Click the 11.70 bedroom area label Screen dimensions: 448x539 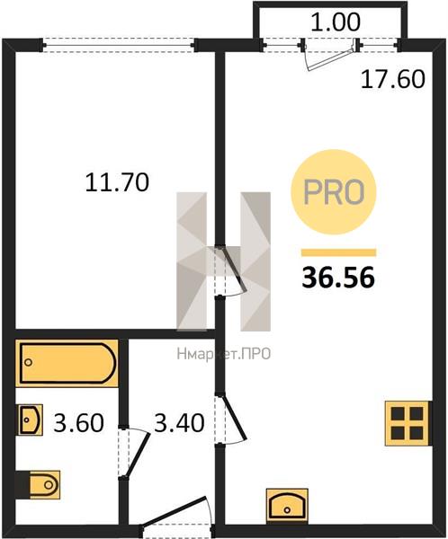coord(117,182)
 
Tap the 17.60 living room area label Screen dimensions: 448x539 coord(392,79)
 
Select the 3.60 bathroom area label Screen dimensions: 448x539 coord(78,422)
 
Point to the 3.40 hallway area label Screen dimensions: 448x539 coord(179,422)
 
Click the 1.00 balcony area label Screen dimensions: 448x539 coord(336,22)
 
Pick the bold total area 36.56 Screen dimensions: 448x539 coord(338,278)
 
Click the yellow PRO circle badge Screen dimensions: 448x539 coord(334,192)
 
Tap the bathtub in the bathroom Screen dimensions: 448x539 coord(67,363)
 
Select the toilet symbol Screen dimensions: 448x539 coord(40,485)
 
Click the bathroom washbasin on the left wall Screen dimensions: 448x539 coord(30,420)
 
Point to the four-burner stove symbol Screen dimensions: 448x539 coord(408,423)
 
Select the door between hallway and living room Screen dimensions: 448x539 coord(234,417)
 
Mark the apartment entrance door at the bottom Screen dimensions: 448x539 coord(175,511)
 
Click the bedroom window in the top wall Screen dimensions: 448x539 coord(119,45)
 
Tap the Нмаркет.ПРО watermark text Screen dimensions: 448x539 coord(224,354)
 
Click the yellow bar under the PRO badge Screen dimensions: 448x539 coord(338,252)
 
